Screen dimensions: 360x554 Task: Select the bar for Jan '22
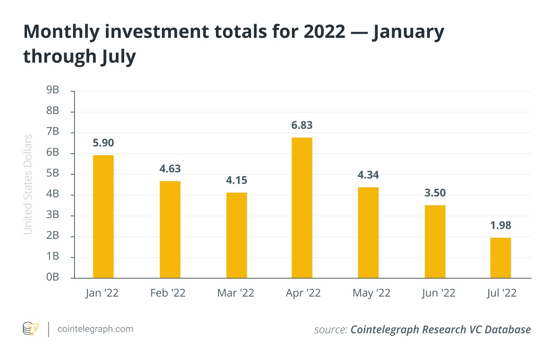point(103,216)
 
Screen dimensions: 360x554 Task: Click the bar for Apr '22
point(302,208)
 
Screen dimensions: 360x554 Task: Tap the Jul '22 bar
point(501,258)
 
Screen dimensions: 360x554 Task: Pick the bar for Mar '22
point(237,235)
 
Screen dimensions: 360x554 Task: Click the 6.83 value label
point(302,125)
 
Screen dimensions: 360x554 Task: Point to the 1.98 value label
point(501,225)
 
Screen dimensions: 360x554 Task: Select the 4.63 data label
point(170,169)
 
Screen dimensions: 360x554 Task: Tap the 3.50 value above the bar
point(435,193)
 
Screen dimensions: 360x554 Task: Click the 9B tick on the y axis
point(53,90)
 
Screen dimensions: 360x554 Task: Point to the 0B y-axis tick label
point(53,277)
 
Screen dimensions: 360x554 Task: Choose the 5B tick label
point(53,173)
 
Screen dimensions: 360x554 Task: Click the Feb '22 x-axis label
point(168,293)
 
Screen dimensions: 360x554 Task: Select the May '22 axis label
point(371,293)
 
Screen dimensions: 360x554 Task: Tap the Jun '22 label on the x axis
point(439,293)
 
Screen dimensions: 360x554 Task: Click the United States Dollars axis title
point(28,184)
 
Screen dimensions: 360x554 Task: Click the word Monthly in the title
point(61,32)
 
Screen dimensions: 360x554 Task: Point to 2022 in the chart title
point(324,31)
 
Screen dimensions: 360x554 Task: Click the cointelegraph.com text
point(95,329)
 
